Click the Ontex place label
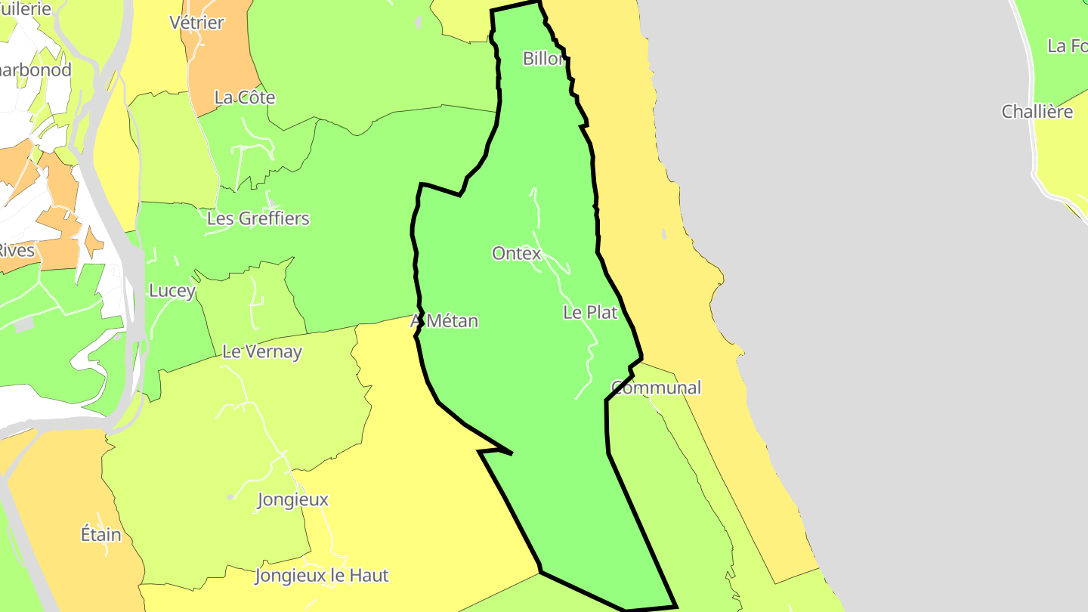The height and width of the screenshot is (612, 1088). pyautogui.click(x=516, y=253)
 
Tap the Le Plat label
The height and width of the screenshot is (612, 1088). pyautogui.click(x=590, y=312)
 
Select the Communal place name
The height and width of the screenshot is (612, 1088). pyautogui.click(x=656, y=388)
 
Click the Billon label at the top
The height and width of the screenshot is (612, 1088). pyautogui.click(x=543, y=58)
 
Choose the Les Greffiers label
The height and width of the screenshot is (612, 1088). pyautogui.click(x=258, y=218)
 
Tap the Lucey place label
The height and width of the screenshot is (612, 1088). pyautogui.click(x=172, y=290)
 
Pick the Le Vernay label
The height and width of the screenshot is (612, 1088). pyautogui.click(x=261, y=351)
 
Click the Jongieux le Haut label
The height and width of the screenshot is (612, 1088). pyautogui.click(x=322, y=575)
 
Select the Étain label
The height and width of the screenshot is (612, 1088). pyautogui.click(x=100, y=534)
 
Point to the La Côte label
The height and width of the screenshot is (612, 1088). pyautogui.click(x=245, y=97)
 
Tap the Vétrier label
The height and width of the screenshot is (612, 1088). pyautogui.click(x=196, y=23)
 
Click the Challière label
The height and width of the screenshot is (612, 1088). pyautogui.click(x=1037, y=112)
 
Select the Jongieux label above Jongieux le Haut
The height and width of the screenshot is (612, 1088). pyautogui.click(x=293, y=499)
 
